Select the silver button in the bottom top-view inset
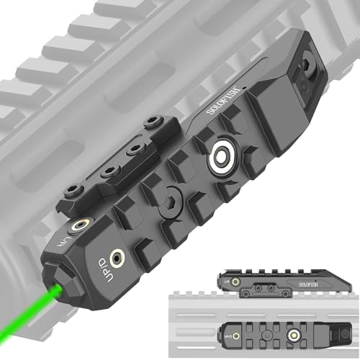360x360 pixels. click(294, 333)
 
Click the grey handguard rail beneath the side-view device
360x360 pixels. click(288, 307)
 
